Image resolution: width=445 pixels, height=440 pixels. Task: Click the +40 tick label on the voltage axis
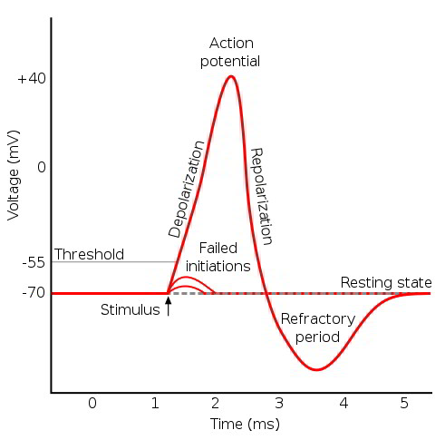tap(31, 79)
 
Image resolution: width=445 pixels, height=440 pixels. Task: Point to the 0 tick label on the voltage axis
tap(40, 168)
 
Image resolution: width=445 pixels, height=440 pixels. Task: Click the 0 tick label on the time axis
tap(92, 402)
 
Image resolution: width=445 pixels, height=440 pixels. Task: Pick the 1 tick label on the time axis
tap(155, 402)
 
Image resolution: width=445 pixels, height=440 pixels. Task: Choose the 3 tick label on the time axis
tap(280, 402)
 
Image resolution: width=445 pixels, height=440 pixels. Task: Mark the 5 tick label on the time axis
tap(405, 402)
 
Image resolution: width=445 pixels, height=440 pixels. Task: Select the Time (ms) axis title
tap(245, 424)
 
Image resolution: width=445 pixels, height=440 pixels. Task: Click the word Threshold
tap(89, 254)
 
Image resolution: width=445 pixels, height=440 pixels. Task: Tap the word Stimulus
tap(130, 310)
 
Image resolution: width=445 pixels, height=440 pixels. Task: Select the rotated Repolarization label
tap(262, 196)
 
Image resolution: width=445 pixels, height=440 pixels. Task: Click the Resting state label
tap(386, 282)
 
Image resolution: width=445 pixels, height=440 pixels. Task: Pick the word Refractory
tap(310, 319)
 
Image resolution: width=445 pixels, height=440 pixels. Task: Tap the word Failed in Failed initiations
tap(218, 249)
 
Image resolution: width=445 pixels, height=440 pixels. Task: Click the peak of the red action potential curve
tap(231, 75)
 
